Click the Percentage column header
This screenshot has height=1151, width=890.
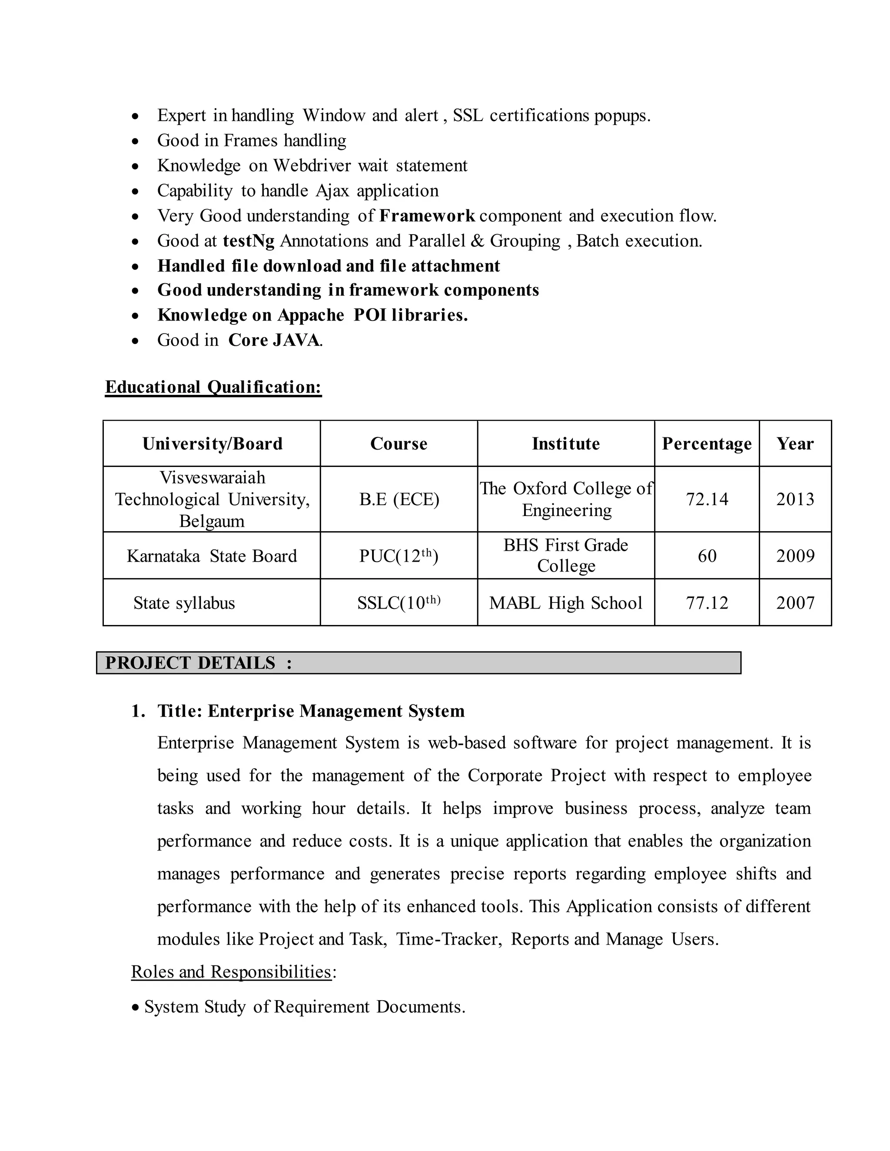tap(707, 444)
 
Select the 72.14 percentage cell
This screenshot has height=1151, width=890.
tap(707, 499)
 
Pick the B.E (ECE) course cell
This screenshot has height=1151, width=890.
tap(399, 499)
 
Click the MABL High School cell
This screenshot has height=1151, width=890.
tap(566, 603)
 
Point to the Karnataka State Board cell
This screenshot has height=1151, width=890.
tap(212, 556)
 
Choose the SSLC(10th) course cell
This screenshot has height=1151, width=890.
tap(399, 603)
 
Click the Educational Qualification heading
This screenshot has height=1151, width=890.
tap(213, 387)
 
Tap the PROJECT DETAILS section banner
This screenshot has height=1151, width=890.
tap(418, 663)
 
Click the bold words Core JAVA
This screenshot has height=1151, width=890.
tap(274, 341)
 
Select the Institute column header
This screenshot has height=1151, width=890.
tap(566, 444)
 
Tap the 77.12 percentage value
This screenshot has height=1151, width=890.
tap(707, 603)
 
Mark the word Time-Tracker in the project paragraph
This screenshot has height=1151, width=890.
tap(448, 939)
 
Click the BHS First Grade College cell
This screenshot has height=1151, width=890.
tap(566, 556)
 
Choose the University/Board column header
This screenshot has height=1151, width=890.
tap(213, 444)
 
